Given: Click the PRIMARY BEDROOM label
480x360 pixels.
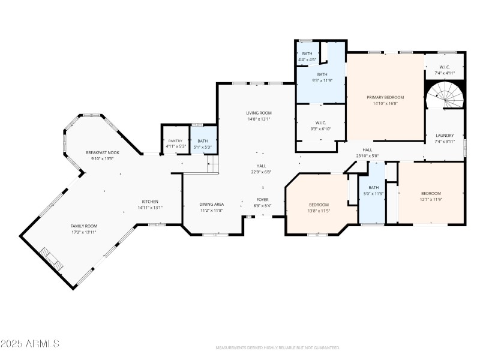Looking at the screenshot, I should click(x=385, y=97).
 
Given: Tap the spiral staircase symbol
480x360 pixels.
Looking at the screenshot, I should click(x=445, y=96).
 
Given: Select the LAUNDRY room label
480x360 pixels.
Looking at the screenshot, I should click(x=445, y=136).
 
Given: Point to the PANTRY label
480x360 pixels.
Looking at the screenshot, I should click(x=175, y=140).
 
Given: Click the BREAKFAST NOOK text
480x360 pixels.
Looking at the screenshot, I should click(x=102, y=152).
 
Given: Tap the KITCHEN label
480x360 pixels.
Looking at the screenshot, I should click(x=150, y=201).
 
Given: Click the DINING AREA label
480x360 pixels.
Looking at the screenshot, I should click(x=211, y=204).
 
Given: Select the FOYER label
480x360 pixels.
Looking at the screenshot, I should click(x=263, y=199).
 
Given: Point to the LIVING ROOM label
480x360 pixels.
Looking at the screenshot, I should click(x=259, y=113).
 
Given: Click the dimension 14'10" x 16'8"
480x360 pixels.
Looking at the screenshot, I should click(x=385, y=103).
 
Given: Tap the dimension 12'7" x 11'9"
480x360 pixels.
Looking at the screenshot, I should click(x=431, y=199).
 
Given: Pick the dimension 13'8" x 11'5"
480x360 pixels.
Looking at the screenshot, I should click(x=319, y=211).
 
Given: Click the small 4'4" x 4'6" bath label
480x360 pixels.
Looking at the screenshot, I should click(x=307, y=59).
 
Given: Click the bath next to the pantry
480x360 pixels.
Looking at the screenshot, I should click(x=203, y=143).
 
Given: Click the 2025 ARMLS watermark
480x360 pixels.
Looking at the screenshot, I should click(x=30, y=344).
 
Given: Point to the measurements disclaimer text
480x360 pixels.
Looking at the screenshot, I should click(x=278, y=348).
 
